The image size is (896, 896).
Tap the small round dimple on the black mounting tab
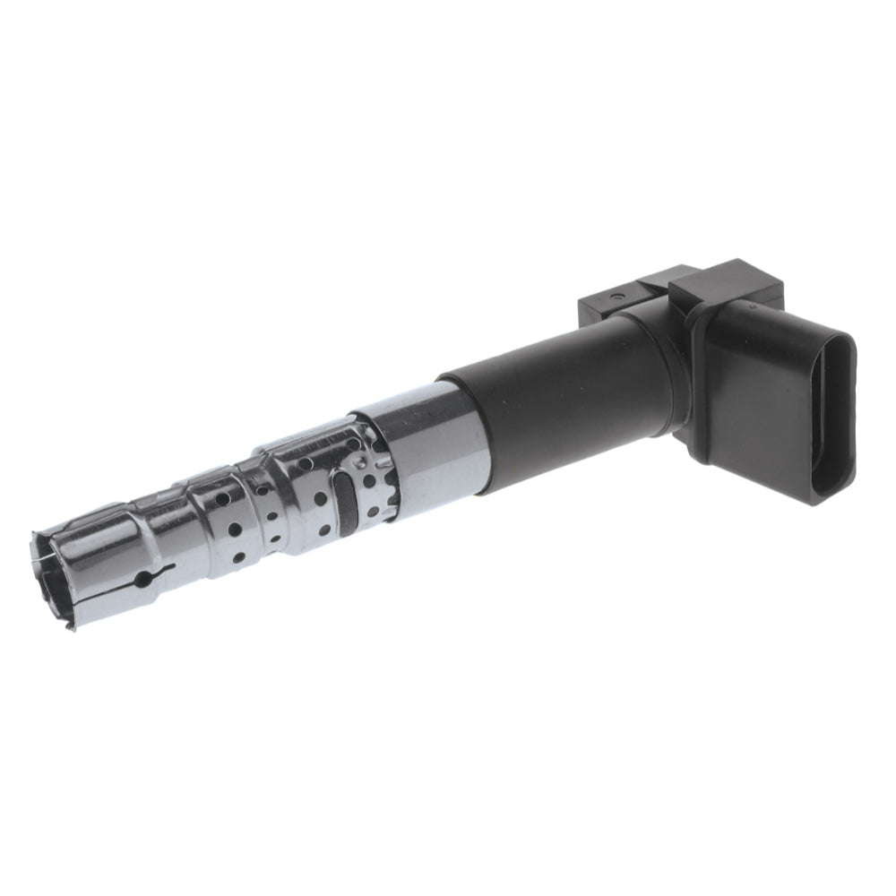click(x=616, y=293)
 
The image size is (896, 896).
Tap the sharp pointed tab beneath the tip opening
click(x=70, y=624)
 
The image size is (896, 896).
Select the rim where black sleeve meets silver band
click(x=466, y=430)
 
